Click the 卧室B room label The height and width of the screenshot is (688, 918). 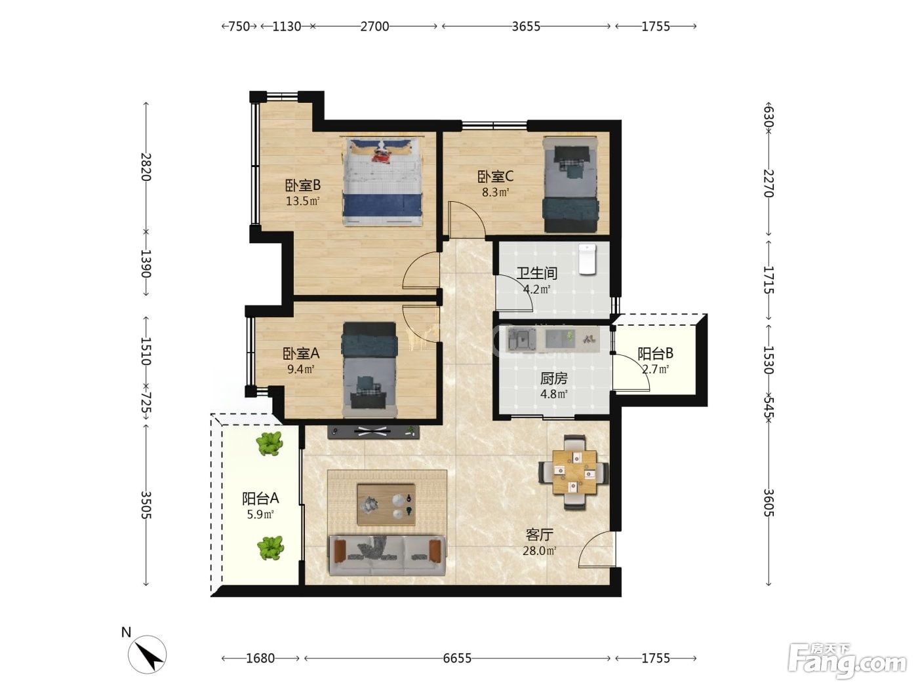[x=303, y=185]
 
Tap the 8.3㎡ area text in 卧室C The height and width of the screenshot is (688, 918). [x=495, y=193]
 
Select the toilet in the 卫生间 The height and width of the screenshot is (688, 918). [x=587, y=259]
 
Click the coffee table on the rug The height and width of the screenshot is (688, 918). [x=386, y=504]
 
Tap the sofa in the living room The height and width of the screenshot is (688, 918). [x=387, y=555]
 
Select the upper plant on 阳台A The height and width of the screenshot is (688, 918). [x=269, y=443]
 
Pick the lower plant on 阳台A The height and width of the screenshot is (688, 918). [x=270, y=548]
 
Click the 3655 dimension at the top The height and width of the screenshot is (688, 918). [x=526, y=26]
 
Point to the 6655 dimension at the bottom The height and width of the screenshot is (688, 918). [x=456, y=659]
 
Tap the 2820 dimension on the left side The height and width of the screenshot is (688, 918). [x=146, y=166]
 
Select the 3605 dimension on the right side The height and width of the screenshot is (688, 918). [x=768, y=503]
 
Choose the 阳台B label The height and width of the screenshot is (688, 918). [x=655, y=353]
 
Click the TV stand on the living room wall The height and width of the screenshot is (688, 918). [x=373, y=432]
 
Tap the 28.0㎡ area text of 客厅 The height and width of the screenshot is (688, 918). [x=539, y=550]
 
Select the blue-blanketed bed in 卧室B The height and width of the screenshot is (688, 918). [x=382, y=182]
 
